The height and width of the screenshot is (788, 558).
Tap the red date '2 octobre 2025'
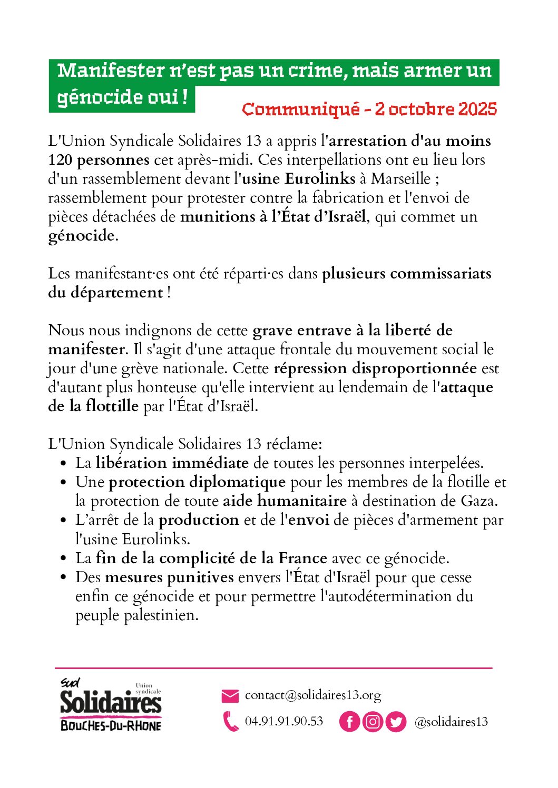click(x=436, y=109)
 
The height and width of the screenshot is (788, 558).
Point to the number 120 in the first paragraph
click(x=60, y=160)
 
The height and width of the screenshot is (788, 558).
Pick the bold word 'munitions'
click(x=218, y=217)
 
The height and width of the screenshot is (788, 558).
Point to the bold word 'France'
click(x=303, y=558)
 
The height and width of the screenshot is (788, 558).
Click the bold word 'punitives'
click(x=200, y=577)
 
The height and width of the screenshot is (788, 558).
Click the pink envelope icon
click(x=230, y=696)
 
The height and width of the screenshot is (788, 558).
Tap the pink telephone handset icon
click(x=230, y=721)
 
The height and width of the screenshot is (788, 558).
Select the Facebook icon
click(x=349, y=722)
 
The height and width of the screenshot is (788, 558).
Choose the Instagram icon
click(x=373, y=722)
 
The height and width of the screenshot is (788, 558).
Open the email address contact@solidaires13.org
click(x=313, y=695)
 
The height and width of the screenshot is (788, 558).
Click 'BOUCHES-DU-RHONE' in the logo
click(x=111, y=725)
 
